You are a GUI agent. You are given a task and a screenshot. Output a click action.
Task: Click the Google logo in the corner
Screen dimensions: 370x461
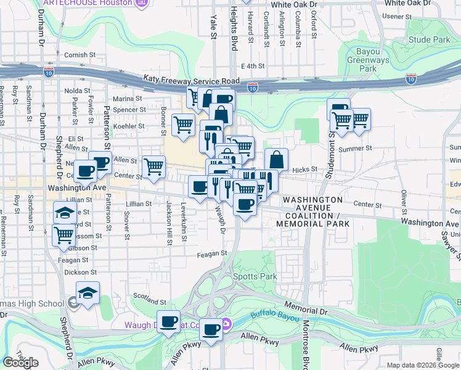click(20, 363)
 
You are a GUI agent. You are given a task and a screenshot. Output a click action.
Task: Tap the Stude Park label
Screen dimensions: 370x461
click(429, 40)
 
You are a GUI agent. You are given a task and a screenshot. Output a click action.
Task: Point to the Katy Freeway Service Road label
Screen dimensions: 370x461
click(191, 80)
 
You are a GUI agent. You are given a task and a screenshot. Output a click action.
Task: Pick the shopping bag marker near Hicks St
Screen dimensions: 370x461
click(277, 160)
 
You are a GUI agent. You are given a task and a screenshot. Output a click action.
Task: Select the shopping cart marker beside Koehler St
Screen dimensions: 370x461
click(184, 125)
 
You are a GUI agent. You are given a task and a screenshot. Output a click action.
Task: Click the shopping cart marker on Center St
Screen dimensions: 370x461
click(153, 166)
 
